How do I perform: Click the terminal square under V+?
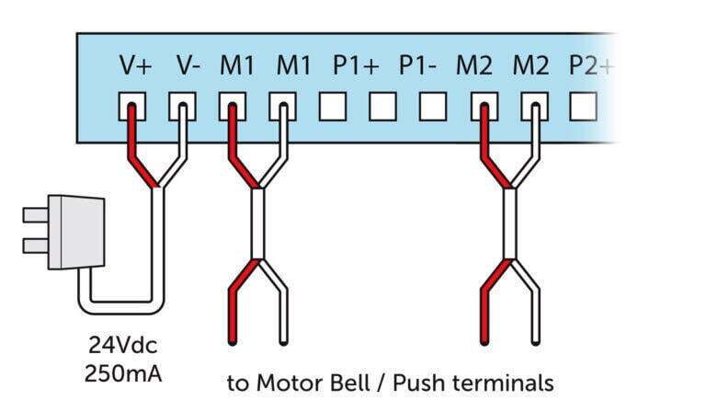131,108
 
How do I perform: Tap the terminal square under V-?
181,108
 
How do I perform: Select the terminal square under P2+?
582,108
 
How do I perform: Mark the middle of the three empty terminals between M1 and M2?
381,108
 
